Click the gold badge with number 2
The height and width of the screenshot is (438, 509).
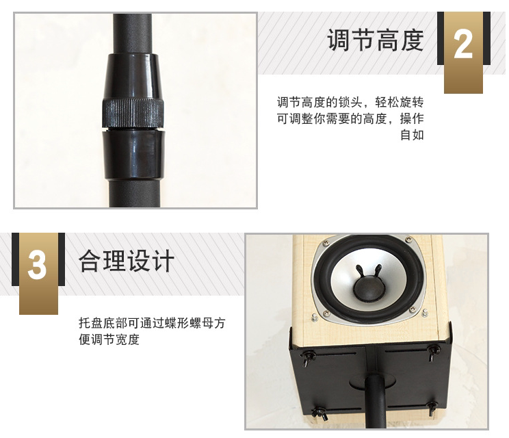(x=463, y=53)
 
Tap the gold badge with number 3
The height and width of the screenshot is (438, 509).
(x=38, y=273)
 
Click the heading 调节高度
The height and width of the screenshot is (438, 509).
(x=376, y=40)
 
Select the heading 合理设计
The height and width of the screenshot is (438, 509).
(x=127, y=261)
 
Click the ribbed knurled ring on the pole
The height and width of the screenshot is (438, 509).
(x=133, y=114)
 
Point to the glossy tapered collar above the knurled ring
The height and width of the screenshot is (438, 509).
(x=133, y=76)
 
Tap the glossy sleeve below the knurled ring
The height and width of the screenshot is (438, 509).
(x=133, y=154)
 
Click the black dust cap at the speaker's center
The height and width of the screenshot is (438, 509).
(x=368, y=287)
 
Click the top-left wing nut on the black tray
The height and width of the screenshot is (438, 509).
(x=309, y=358)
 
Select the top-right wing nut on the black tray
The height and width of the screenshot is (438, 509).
(x=432, y=352)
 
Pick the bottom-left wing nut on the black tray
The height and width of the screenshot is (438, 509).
(x=319, y=413)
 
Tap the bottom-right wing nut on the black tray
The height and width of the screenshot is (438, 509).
(x=432, y=408)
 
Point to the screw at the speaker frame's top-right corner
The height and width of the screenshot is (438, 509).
(x=408, y=240)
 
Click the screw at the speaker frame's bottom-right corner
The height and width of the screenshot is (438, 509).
(x=413, y=309)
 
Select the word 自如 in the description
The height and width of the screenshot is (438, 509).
(x=412, y=135)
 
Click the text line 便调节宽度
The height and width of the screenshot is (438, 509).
(x=109, y=340)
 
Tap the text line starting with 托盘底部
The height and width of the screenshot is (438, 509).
(x=152, y=323)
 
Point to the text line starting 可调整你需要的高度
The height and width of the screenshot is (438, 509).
(x=350, y=118)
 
